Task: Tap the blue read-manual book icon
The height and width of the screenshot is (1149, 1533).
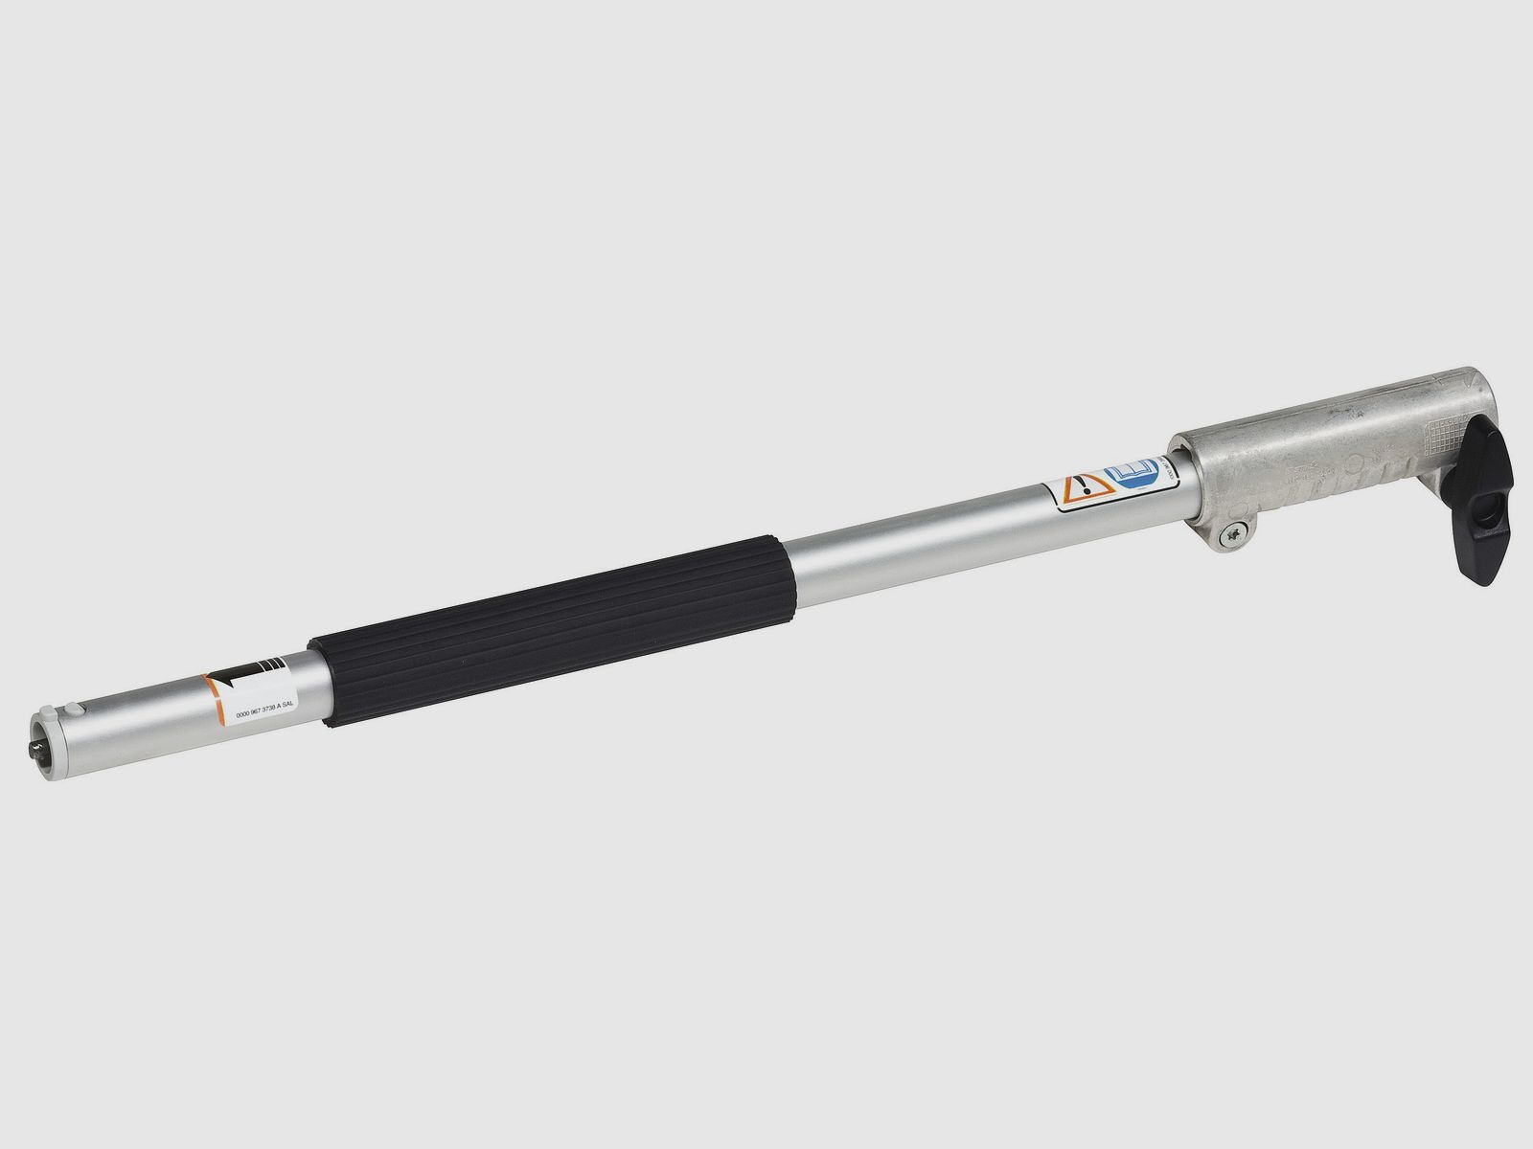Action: [1128, 478]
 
